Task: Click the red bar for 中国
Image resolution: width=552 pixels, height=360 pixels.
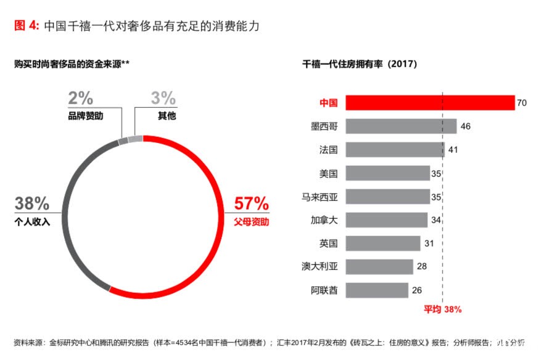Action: [429, 102]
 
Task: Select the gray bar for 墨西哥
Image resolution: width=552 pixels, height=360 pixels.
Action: [401, 126]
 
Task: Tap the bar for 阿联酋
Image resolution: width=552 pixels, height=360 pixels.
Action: [377, 290]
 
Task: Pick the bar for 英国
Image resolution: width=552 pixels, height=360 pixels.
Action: [383, 243]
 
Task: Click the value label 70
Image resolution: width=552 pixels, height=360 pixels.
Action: [522, 103]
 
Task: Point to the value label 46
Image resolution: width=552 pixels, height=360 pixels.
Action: [466, 126]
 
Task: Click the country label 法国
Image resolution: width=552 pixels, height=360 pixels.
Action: [328, 150]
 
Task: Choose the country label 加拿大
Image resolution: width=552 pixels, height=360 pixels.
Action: [324, 220]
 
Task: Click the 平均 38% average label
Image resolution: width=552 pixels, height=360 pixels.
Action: [442, 309]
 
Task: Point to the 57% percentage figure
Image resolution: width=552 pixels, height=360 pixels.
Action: [251, 203]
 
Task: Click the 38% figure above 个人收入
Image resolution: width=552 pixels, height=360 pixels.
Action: [31, 203]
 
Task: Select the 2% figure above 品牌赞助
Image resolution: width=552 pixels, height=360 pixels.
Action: [81, 98]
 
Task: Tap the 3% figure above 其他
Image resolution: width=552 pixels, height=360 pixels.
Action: [163, 98]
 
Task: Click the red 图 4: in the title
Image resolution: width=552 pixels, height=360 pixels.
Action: [27, 25]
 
